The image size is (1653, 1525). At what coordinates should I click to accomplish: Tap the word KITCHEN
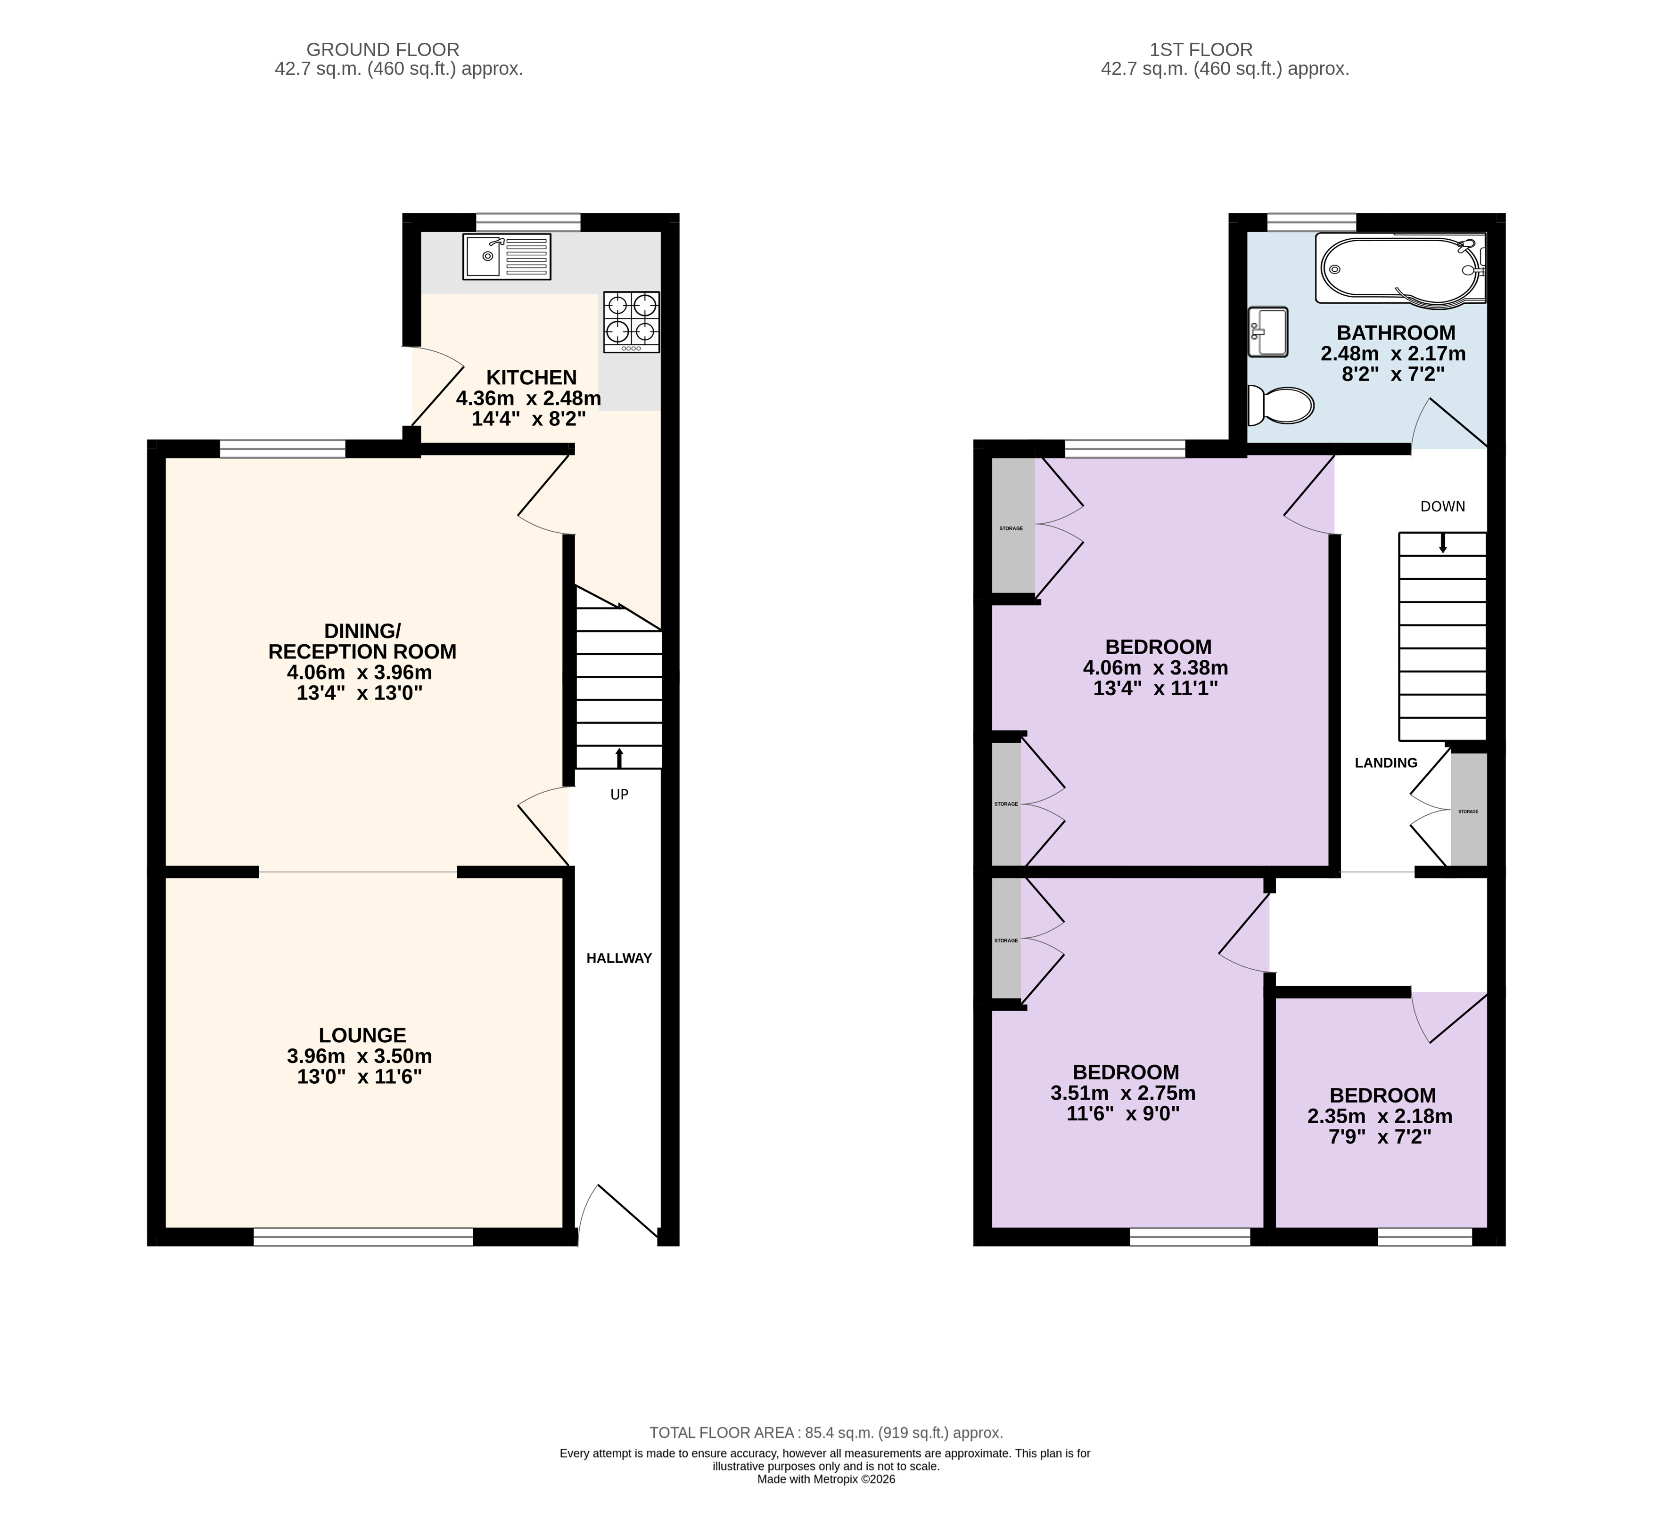point(531,378)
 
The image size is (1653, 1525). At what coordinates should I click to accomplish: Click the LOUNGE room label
point(362,1035)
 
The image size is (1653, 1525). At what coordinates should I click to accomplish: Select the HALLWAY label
point(619,958)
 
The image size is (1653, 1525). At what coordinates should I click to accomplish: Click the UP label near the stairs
point(619,795)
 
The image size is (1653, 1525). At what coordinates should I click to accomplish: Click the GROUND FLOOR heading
point(383,49)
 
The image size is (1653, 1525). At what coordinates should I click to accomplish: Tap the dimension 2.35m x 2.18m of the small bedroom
point(1380,1117)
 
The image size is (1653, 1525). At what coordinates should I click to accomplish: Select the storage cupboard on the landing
point(1469,810)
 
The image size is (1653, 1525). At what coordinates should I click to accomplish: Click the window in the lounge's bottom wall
point(363,1236)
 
